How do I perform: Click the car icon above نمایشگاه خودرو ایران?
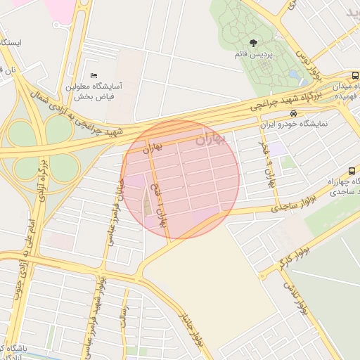(292, 113)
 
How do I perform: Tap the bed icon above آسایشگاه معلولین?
(94, 75)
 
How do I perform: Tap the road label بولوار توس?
(302, 52)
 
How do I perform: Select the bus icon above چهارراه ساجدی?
(351, 171)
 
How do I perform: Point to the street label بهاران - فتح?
(161, 205)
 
